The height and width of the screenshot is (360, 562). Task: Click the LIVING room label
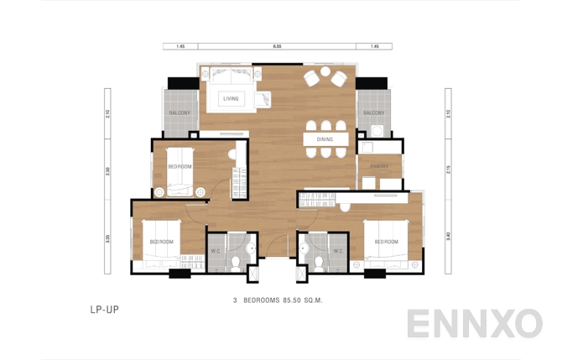[x=231, y=99]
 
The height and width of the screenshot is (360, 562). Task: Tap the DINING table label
[x=325, y=139]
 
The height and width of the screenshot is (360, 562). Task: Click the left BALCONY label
[x=180, y=112]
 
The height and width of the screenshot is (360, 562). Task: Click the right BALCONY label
[x=374, y=112]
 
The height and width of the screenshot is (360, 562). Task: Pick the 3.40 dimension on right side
[x=450, y=237]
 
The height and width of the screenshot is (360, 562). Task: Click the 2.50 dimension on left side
[x=107, y=170]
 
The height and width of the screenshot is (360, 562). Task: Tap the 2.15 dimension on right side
[x=450, y=170]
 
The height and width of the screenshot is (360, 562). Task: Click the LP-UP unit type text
[x=104, y=310]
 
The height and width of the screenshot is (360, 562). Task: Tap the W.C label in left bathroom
[x=216, y=251]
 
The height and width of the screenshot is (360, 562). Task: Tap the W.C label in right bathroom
[x=338, y=251]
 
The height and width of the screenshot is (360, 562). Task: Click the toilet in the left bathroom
[x=237, y=264]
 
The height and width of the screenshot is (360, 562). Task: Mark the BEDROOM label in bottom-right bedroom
[x=386, y=242]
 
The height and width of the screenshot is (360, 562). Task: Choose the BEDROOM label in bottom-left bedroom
[x=162, y=242]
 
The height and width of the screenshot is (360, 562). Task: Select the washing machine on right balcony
[x=377, y=130]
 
